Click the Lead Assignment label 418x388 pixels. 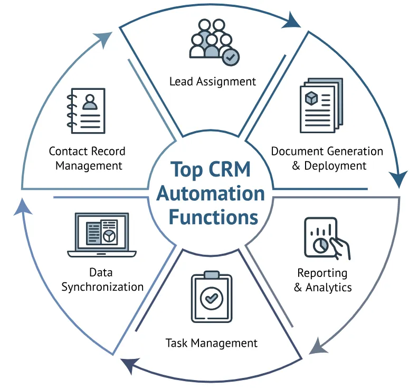coord(212,81)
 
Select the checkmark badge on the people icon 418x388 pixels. coord(230,57)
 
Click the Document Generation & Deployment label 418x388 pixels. coord(327,158)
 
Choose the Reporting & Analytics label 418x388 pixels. coord(322,280)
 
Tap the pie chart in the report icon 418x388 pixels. coord(319,246)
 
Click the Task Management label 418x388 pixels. coord(212,343)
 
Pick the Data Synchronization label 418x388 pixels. coord(102,280)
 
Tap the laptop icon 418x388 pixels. coord(102,235)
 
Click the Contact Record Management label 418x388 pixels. coord(87,158)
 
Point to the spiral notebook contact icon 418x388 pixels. coord(86,110)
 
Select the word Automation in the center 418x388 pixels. coord(211,193)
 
